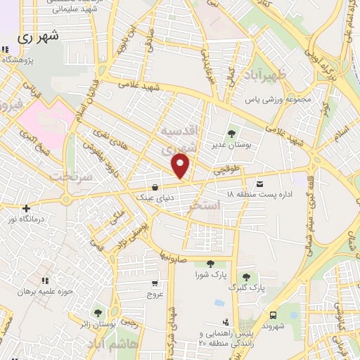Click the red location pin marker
pos(181,167)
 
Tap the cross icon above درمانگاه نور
pos(26,208)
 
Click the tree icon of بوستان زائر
pos(97,313)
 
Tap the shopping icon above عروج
pos(154,284)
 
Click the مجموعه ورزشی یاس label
pos(277,99)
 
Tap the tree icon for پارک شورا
pos(211,264)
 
